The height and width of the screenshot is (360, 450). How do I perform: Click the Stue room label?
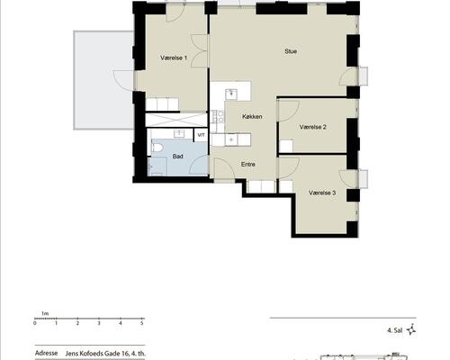pos(291,51)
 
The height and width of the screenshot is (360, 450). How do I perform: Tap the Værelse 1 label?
pos(174,58)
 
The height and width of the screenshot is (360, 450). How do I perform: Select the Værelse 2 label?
pos(313,127)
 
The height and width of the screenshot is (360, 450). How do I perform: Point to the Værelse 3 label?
pos(322,193)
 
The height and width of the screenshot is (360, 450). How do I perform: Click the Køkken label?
pos(252,116)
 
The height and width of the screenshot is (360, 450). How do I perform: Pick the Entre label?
pos(248,164)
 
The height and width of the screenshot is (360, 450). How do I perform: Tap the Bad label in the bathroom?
pos(177,157)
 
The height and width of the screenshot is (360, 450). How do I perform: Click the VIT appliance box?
pos(201,135)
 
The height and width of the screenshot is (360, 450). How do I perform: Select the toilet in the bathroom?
pos(157,148)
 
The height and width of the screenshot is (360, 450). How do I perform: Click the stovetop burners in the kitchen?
pos(218,116)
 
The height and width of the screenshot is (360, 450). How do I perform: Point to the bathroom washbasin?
pos(179,134)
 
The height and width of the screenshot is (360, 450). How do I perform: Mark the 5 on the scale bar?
pos(142,323)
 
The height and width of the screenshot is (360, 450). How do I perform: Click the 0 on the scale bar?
pos(35,323)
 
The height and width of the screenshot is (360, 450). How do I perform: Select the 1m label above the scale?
pos(45,313)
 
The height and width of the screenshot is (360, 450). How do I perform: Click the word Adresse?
pos(46,353)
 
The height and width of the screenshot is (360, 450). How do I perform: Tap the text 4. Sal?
pos(395,330)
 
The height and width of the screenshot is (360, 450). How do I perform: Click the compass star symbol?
pos(411,330)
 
